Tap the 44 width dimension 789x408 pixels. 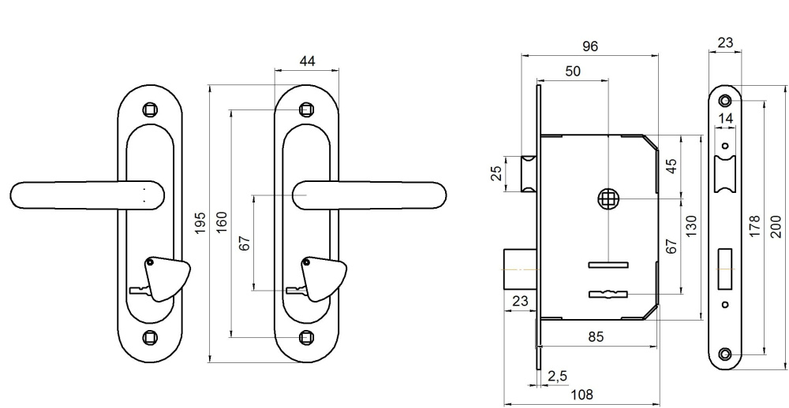click(x=307, y=60)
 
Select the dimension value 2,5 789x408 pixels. click(x=557, y=375)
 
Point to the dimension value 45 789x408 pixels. click(x=671, y=168)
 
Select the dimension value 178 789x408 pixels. click(x=755, y=226)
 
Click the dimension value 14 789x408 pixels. click(x=726, y=118)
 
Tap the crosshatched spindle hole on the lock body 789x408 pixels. click(x=608, y=199)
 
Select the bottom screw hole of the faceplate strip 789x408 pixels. click(x=725, y=352)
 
